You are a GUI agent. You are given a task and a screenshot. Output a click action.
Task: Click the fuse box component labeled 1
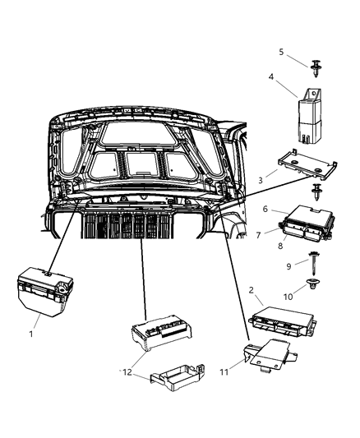41,290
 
